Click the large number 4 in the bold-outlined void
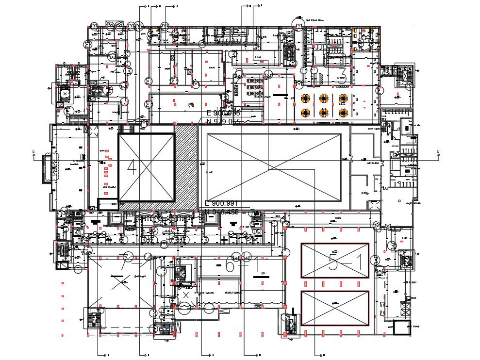tap(132, 168)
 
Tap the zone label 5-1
tap(345, 262)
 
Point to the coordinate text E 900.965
tap(223, 113)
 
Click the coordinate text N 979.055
tap(223, 122)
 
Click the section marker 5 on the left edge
tap(33, 153)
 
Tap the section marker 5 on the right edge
tap(438, 152)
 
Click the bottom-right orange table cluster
tap(344, 113)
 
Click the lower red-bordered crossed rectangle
tap(335, 308)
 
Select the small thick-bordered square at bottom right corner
tap(401, 328)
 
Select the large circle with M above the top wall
tap(297, 23)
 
